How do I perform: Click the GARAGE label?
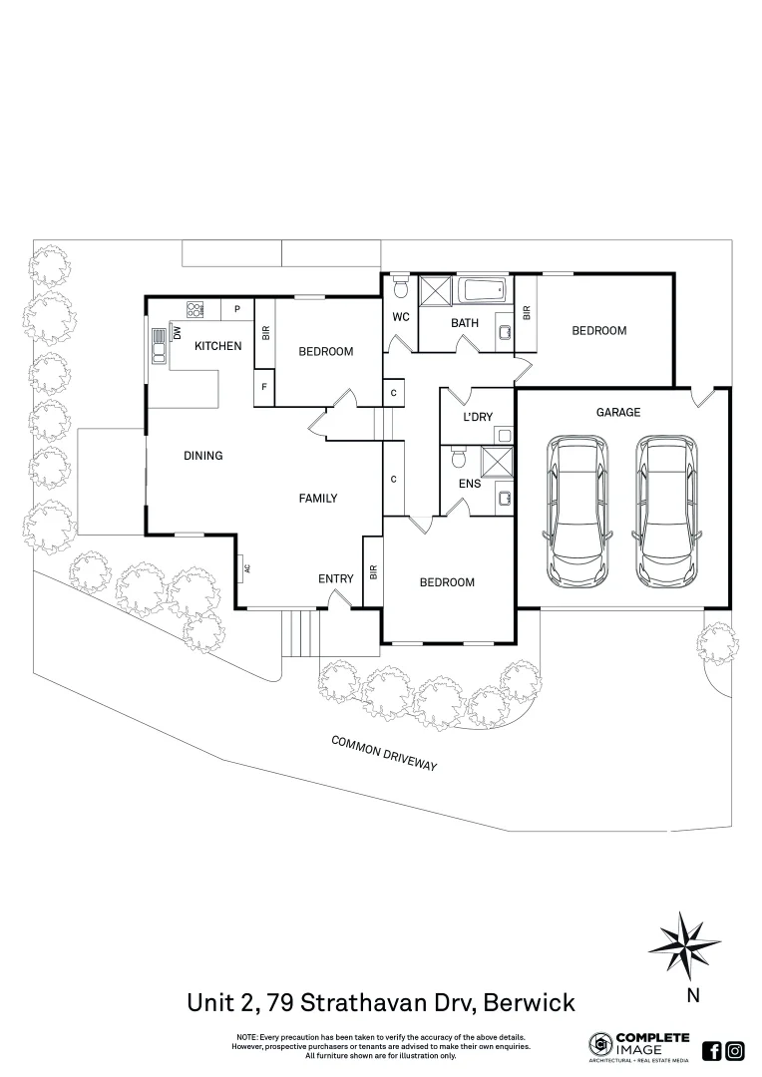(x=618, y=412)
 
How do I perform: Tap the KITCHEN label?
(x=217, y=346)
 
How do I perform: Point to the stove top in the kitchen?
(x=194, y=309)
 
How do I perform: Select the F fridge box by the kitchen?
(x=264, y=387)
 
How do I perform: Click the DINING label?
(x=202, y=456)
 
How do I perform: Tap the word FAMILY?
(x=318, y=499)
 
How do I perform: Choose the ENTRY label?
(x=335, y=579)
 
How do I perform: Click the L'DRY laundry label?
(x=478, y=418)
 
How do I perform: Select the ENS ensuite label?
(x=470, y=484)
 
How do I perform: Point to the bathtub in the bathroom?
(x=485, y=292)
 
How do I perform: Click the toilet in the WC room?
(x=400, y=288)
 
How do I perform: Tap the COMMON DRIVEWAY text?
(x=385, y=753)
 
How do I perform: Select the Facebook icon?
(x=712, y=1050)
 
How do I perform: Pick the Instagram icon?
(x=735, y=1050)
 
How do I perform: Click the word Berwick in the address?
(x=528, y=1000)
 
